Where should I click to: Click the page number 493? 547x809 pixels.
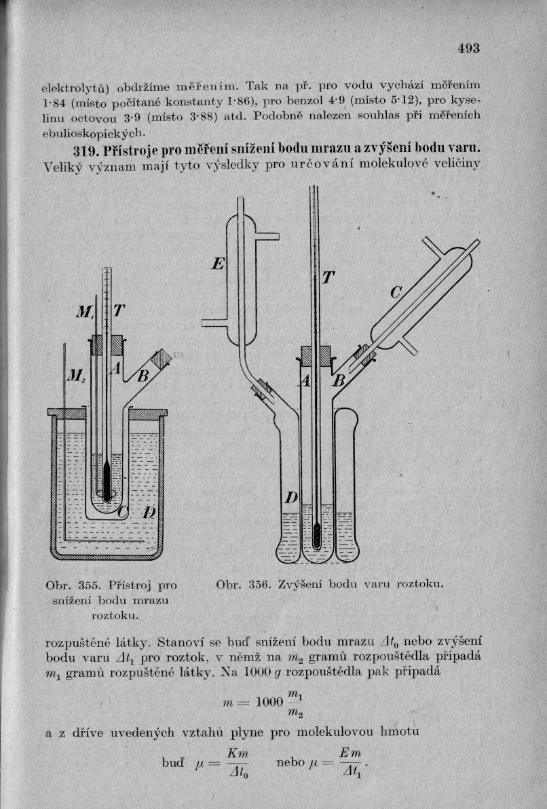coord(468,48)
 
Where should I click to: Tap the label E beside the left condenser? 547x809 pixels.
coord(218,264)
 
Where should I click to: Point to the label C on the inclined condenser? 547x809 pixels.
coord(397,293)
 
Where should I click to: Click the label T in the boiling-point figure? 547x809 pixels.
coord(328,277)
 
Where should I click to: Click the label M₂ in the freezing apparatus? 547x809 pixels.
coord(74,375)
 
